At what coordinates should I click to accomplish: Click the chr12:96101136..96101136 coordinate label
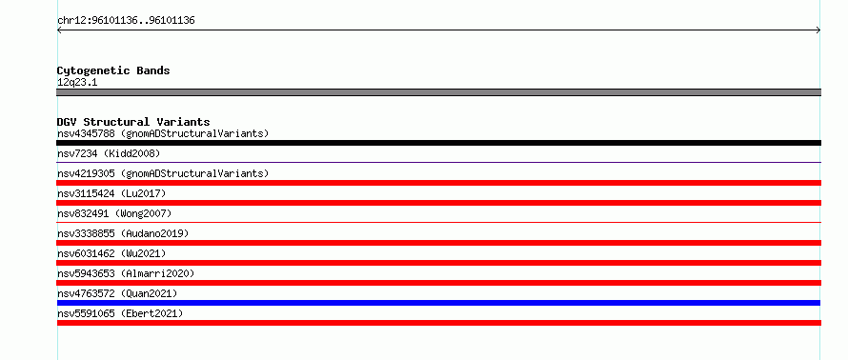click(x=126, y=21)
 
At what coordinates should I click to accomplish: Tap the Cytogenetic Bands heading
click(x=113, y=70)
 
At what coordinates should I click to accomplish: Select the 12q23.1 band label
click(x=77, y=83)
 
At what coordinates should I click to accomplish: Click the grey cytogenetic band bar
click(x=438, y=92)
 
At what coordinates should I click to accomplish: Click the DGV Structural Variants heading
click(x=133, y=122)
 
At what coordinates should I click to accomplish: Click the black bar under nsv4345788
click(x=438, y=143)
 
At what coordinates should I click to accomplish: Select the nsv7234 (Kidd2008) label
click(x=109, y=153)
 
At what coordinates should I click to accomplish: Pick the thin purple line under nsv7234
click(x=438, y=162)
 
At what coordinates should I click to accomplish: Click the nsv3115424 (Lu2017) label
click(x=111, y=193)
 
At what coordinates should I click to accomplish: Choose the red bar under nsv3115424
click(x=438, y=203)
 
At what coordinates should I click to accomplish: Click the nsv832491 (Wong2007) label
click(x=114, y=213)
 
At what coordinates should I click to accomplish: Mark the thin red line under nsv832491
click(x=438, y=222)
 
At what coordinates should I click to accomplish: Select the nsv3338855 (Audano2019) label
click(x=123, y=233)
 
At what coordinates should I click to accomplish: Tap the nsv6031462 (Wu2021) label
click(x=111, y=253)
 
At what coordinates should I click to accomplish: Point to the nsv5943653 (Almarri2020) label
click(x=126, y=273)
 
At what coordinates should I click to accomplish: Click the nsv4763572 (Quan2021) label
click(x=117, y=293)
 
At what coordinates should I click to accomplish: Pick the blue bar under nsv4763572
click(x=438, y=303)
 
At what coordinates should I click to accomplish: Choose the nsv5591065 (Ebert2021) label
click(x=120, y=313)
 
